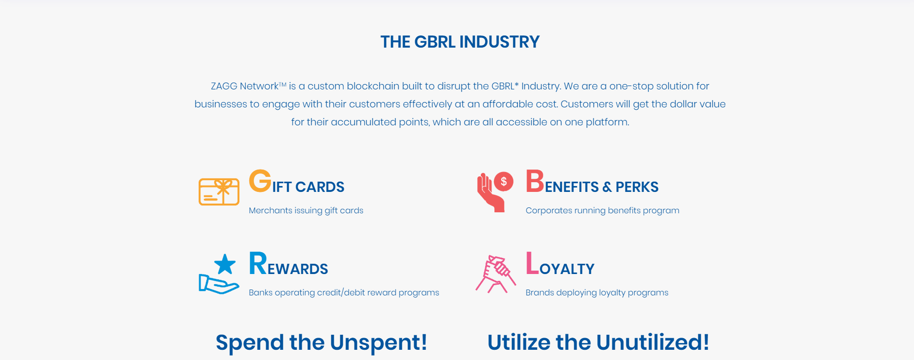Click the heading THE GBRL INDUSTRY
point(460,42)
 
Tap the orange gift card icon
point(219,191)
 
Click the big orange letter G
point(260,181)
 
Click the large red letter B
point(535,181)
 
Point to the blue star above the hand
point(225,265)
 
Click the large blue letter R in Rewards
point(258,263)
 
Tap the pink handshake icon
point(495,274)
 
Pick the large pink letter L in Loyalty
point(532,263)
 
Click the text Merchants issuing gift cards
point(306,210)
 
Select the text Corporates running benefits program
point(602,210)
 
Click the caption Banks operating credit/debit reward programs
point(344,292)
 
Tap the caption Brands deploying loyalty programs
point(597,292)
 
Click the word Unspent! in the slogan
point(378,343)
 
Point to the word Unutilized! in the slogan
point(653,343)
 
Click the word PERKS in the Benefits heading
point(637,187)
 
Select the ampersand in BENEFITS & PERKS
point(607,187)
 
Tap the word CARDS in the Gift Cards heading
point(320,187)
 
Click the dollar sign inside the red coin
point(504,182)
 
